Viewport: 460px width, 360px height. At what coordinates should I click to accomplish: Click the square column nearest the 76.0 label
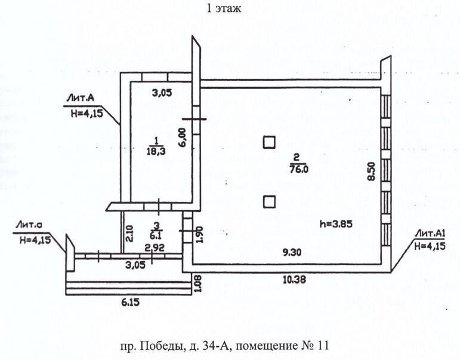(270, 142)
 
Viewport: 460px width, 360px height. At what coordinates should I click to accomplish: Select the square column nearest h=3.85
(270, 201)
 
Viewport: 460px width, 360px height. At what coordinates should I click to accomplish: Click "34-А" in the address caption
(211, 344)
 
